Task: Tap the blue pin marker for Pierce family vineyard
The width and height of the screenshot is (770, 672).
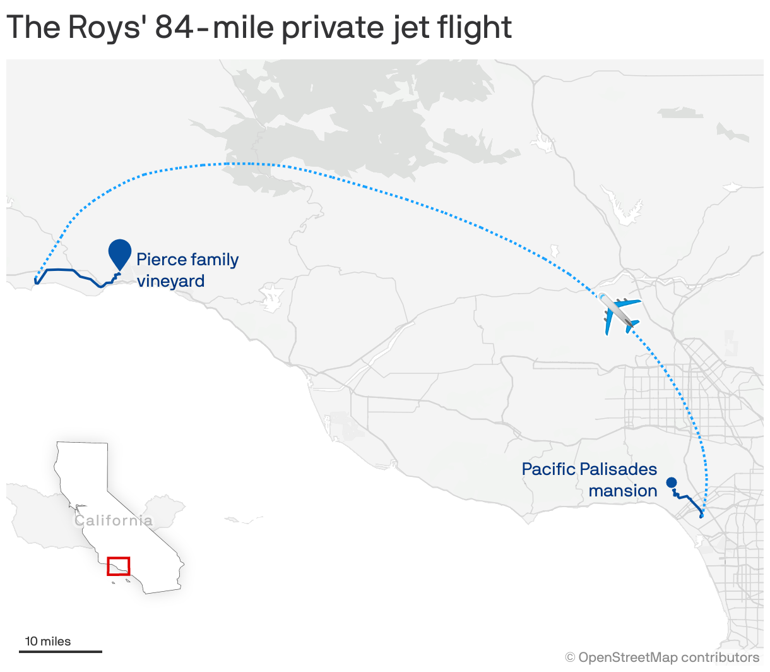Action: pos(119,253)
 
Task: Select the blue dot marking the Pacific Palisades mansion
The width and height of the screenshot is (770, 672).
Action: pos(672,483)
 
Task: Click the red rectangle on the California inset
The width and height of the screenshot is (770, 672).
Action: pos(119,566)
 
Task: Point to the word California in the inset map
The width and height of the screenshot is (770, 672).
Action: pos(114,520)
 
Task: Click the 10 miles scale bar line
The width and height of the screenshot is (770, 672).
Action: pos(61,651)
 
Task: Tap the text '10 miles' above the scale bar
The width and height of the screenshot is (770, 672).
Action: pos(48,641)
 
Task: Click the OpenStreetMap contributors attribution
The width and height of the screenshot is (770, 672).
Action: pos(663,657)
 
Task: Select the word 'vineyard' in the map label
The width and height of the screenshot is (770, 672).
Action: pos(170,280)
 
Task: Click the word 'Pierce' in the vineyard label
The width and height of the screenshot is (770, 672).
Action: pos(162,260)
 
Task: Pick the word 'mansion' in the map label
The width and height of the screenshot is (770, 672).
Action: pos(623,491)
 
